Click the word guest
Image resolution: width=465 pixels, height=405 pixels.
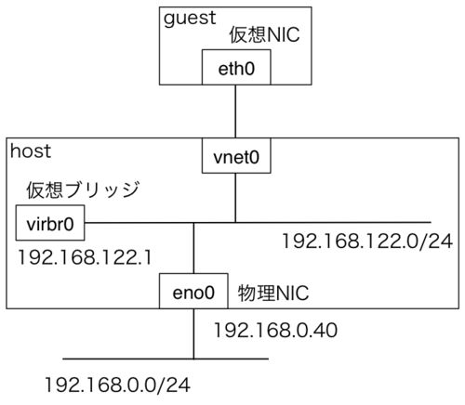(190, 19)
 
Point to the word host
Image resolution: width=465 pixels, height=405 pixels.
(31, 151)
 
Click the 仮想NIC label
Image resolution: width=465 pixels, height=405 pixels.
(264, 34)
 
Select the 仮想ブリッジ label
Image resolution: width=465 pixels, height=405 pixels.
(83, 189)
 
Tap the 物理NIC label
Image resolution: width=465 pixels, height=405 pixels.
(273, 293)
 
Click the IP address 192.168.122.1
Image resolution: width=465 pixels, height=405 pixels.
(85, 257)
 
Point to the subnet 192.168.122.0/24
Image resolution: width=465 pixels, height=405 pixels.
(367, 241)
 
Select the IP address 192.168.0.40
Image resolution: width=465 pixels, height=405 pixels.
(275, 330)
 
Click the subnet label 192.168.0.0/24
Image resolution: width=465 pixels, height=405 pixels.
(117, 385)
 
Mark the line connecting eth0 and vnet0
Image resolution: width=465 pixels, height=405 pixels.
(235, 111)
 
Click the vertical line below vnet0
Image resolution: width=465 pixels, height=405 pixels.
(235, 198)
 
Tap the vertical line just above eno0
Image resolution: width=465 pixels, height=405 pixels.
(193, 248)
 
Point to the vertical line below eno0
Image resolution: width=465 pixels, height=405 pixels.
(193, 333)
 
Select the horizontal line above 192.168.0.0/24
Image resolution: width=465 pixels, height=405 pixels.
(166, 359)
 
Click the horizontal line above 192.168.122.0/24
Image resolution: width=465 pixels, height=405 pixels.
(258, 223)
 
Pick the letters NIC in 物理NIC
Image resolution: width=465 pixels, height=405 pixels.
(292, 293)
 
